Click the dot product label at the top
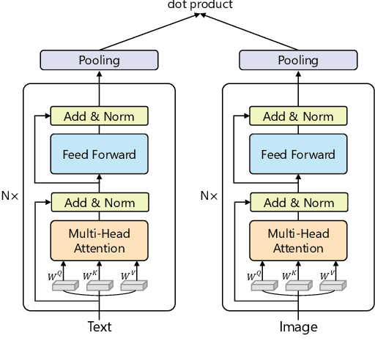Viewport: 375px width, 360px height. [x=200, y=5]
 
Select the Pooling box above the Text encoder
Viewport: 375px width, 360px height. [x=99, y=60]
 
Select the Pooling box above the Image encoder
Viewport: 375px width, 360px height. [x=298, y=60]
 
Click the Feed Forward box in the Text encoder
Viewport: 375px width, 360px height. [x=99, y=154]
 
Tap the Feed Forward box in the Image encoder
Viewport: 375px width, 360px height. [x=298, y=154]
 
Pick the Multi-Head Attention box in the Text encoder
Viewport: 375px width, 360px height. [x=99, y=241]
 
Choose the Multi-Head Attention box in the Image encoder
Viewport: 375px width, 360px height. [x=298, y=241]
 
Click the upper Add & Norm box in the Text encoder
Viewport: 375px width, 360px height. [x=99, y=116]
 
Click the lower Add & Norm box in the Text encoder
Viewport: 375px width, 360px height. [x=99, y=202]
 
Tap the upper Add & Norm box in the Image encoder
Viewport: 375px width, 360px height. [x=298, y=116]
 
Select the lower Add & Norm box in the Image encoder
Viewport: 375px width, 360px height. [x=298, y=202]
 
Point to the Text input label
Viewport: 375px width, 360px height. [x=100, y=327]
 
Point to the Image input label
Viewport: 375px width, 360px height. [x=299, y=327]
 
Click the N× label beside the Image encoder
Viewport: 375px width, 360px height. [x=209, y=196]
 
